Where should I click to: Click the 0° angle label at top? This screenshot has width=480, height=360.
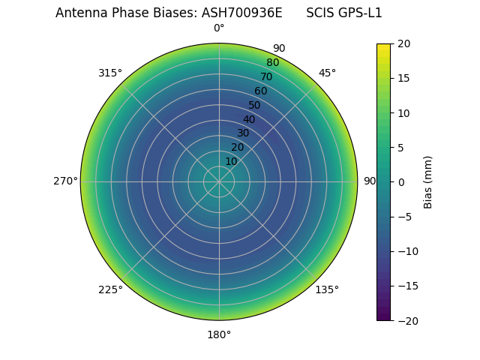219,28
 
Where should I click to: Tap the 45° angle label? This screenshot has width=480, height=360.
327,73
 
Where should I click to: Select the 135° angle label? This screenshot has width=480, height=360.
327,289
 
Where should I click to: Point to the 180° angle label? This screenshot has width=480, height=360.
219,334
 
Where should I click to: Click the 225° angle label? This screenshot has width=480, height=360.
110,289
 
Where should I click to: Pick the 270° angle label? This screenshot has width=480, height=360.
65,181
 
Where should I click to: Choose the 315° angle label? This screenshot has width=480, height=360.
110,73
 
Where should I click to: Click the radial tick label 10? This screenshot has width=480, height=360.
231,161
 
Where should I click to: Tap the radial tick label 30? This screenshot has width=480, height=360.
243,133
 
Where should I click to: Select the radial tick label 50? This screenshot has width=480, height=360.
255,105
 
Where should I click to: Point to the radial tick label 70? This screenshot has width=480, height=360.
266,76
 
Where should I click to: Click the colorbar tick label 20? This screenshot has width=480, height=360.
403,43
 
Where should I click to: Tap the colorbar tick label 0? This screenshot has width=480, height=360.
400,182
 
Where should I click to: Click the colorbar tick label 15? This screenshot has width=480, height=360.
403,78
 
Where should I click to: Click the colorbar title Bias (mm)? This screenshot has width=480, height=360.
428,182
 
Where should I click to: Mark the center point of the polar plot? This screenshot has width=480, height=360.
219,181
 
